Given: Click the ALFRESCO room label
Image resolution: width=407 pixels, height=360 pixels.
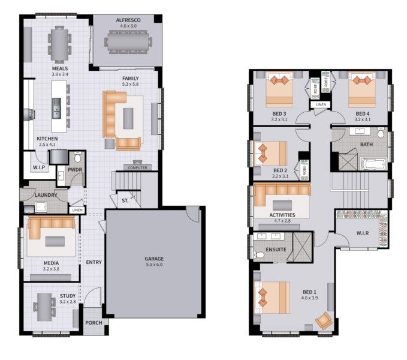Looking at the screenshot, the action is (128, 20).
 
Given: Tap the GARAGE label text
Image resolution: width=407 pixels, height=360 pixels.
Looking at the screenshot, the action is (154, 259).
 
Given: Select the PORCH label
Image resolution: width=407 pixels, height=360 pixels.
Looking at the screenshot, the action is (94, 323).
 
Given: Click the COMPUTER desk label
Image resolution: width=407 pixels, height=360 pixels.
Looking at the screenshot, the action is (138, 168).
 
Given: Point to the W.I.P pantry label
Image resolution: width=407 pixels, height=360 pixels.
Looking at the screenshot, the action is (39, 167).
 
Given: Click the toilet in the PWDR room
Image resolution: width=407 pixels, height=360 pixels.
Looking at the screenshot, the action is (77, 157).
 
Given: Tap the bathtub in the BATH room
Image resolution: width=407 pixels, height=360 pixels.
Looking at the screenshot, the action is (374, 164).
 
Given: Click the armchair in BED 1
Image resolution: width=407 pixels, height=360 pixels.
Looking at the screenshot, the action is (324, 321).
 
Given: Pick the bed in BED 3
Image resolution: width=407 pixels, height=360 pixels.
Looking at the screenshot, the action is (279, 90).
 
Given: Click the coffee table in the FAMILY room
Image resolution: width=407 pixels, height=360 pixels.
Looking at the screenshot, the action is (128, 118).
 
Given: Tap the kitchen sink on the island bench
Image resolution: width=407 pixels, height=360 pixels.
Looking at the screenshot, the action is (56, 108).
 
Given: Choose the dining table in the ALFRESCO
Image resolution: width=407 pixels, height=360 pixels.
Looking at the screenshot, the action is (128, 42).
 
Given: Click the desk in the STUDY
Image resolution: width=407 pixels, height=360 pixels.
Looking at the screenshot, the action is (44, 307).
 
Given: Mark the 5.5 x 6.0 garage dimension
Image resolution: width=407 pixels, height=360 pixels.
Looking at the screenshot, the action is (154, 265).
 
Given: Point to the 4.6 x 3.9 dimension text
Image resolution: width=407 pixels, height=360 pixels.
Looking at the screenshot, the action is (309, 298).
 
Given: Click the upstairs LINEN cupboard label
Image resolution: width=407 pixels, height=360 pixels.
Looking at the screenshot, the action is (321, 104).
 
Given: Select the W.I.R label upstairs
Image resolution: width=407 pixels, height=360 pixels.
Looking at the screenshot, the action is (363, 233).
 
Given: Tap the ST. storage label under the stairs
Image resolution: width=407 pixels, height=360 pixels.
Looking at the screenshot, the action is (125, 200).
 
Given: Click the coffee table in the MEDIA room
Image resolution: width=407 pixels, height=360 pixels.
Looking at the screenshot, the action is (55, 241).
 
